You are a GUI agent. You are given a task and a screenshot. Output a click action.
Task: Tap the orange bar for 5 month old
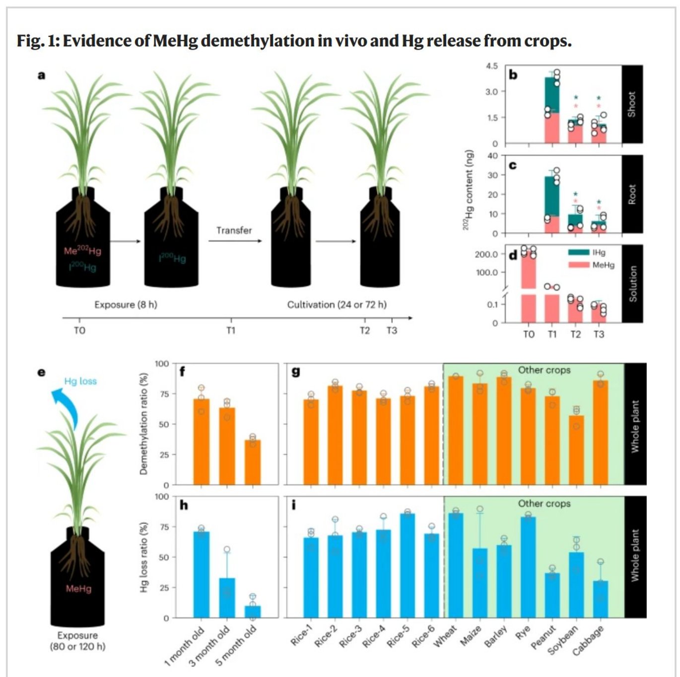click(253, 462)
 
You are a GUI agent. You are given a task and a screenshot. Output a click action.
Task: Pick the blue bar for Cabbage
click(601, 599)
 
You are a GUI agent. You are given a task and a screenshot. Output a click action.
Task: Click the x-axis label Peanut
click(543, 637)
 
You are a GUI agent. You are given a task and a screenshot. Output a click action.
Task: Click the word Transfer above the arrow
click(234, 230)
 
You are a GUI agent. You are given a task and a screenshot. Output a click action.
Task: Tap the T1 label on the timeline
click(231, 330)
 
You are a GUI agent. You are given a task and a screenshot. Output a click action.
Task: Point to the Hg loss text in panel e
click(80, 381)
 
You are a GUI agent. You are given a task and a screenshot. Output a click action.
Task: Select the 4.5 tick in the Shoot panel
click(491, 66)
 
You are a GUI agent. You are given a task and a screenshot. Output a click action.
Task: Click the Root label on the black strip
click(632, 194)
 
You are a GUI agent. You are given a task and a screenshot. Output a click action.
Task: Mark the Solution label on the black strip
click(632, 284)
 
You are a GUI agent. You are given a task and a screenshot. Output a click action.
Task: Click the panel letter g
click(296, 372)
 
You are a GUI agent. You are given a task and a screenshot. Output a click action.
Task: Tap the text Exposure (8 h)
click(126, 304)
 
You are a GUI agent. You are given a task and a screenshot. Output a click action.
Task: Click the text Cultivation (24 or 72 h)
click(337, 304)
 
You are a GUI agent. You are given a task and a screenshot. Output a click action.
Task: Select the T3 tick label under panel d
click(599, 334)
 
